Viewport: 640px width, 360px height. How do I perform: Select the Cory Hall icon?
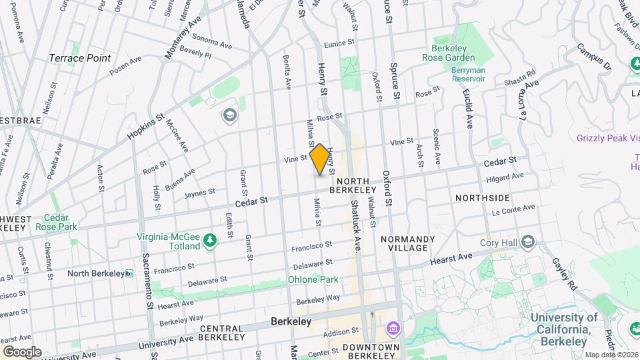[529, 241]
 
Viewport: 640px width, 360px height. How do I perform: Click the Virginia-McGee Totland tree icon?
[211, 241]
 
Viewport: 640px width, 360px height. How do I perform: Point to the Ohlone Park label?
[313, 280]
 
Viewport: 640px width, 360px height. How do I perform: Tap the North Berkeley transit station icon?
[129, 273]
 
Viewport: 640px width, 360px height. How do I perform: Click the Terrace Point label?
[80, 58]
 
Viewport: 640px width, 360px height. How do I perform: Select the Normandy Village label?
[407, 243]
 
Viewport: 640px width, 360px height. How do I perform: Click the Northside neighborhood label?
[483, 198]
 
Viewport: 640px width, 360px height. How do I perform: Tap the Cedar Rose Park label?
[61, 223]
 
